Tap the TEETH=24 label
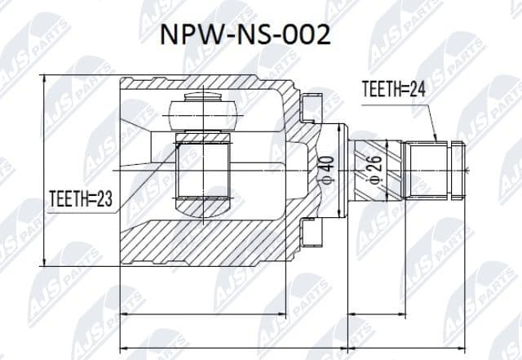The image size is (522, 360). (394, 91)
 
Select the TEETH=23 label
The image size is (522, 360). (79, 197)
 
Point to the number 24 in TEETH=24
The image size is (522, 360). (418, 91)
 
